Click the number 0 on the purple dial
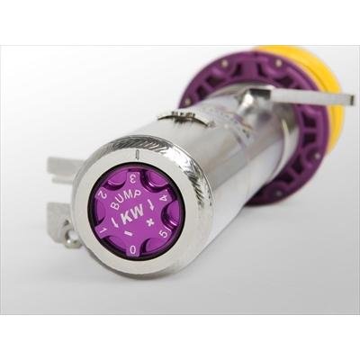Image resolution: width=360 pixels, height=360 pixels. click(133, 248)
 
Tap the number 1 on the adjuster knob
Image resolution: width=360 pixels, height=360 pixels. click(103, 230)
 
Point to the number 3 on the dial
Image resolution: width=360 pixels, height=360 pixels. click(132, 180)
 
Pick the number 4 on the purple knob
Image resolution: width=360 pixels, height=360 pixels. click(164, 198)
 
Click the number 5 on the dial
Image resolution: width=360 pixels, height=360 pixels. click(165, 233)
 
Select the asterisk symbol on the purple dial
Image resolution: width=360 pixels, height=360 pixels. click(148, 222)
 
